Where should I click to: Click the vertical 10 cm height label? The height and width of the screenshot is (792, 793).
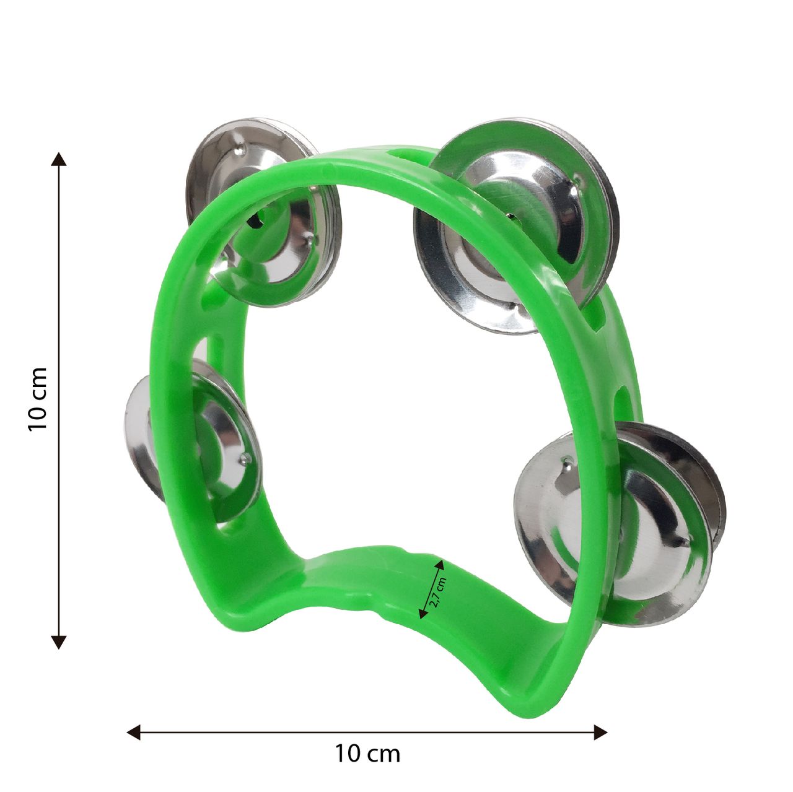[x=37, y=399]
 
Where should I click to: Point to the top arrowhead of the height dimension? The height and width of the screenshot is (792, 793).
[x=58, y=159]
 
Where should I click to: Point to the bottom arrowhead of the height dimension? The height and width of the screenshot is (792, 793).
[x=58, y=642]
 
